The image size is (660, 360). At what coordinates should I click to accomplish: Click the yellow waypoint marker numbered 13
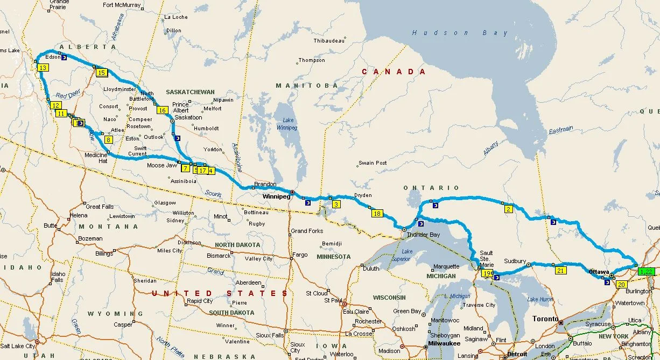[43, 67]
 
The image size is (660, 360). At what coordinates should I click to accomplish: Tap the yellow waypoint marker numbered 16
[162, 110]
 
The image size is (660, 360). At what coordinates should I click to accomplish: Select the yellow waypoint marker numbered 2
[508, 209]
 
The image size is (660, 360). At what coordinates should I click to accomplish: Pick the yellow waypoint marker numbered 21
[560, 271]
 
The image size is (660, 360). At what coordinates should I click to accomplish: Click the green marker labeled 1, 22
[647, 272]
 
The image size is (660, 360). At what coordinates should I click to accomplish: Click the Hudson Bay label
[460, 33]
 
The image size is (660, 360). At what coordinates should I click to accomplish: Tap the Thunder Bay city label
[424, 235]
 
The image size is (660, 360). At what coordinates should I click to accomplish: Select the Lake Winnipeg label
[286, 124]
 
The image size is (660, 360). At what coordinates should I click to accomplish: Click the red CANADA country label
[394, 72]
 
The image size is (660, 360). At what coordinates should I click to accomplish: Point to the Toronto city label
[545, 319]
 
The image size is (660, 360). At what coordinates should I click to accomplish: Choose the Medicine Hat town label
[96, 158]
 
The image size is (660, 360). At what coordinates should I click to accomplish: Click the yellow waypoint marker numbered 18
[377, 214]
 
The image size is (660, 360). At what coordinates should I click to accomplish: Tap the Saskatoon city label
[188, 117]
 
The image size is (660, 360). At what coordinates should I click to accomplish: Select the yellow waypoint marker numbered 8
[108, 140]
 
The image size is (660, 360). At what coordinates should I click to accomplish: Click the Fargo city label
[300, 255]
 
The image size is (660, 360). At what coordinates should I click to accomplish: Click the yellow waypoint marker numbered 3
[336, 204]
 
